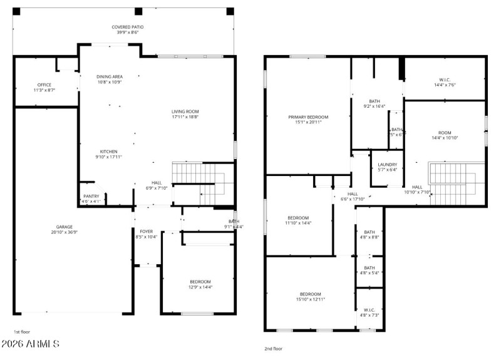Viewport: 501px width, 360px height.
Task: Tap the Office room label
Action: (x=44, y=88)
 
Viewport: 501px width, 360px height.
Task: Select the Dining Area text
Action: (x=109, y=79)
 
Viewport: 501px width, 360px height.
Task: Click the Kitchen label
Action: (x=109, y=154)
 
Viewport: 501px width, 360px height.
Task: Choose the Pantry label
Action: (x=91, y=198)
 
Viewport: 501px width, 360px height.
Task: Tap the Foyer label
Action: (x=146, y=234)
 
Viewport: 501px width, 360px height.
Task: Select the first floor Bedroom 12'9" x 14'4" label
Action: (x=200, y=284)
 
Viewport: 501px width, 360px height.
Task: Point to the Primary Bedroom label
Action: (x=307, y=120)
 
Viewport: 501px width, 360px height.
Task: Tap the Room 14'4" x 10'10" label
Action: (x=445, y=135)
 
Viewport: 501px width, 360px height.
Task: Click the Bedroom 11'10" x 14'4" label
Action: (x=297, y=220)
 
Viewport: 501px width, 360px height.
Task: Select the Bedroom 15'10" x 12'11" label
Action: (x=310, y=297)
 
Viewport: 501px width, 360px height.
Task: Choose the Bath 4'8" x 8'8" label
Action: (x=369, y=234)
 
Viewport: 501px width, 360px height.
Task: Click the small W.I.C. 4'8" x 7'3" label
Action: (x=369, y=312)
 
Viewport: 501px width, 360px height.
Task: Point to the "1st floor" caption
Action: (x=22, y=332)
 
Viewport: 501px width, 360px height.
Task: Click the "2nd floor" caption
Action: (x=274, y=349)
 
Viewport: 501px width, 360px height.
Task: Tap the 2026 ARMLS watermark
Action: (x=31, y=344)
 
